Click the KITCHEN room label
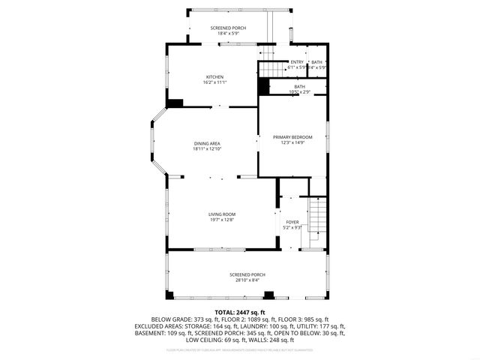pyautogui.click(x=215, y=76)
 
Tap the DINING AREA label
pyautogui.click(x=207, y=143)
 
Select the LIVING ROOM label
pyautogui.click(x=222, y=214)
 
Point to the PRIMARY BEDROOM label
pyautogui.click(x=292, y=136)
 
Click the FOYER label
pyautogui.click(x=292, y=222)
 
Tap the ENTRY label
pyautogui.click(x=297, y=62)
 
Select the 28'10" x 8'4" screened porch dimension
pyautogui.click(x=247, y=280)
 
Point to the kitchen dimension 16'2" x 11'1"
pyautogui.click(x=215, y=82)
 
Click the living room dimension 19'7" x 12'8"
pyautogui.click(x=222, y=220)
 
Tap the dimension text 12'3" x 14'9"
pyautogui.click(x=292, y=142)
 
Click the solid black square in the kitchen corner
pyautogui.click(x=175, y=103)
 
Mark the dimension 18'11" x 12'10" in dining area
pyautogui.click(x=207, y=148)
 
